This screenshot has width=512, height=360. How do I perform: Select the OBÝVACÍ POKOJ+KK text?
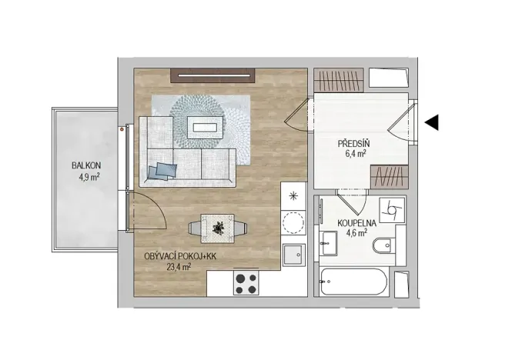(179, 256)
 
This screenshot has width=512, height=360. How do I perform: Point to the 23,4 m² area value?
(179, 268)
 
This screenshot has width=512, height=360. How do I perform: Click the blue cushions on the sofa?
(164, 169)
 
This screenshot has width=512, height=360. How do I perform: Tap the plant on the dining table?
(219, 228)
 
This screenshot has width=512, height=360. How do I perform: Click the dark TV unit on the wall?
(212, 75)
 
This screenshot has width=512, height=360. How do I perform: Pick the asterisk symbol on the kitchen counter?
(293, 195)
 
